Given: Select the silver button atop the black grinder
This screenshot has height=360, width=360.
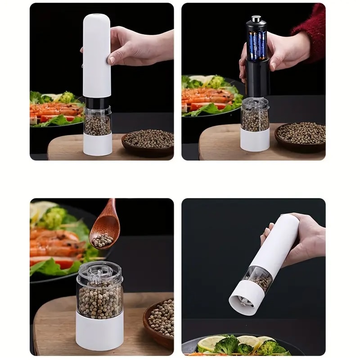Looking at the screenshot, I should tap(256, 19).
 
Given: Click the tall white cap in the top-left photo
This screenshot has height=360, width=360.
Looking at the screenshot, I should tap(97, 54).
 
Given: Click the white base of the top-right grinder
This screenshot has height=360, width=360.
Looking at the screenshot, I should tap(255, 139).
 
